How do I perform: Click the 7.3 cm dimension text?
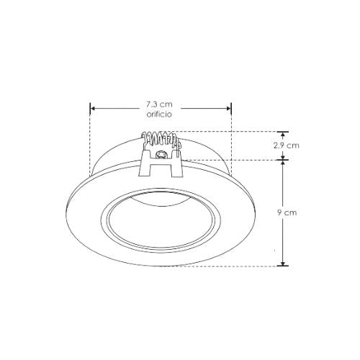point(160,104)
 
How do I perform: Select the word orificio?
point(160,114)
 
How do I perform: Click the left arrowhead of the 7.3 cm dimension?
point(93,109)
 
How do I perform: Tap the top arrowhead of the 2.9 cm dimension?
point(283,135)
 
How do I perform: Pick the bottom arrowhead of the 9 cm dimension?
point(283,262)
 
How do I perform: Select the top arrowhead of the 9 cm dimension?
point(283,163)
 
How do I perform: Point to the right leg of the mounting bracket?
point(176,167)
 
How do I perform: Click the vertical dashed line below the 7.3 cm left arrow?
point(90,144)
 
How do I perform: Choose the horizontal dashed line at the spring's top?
point(230,132)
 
